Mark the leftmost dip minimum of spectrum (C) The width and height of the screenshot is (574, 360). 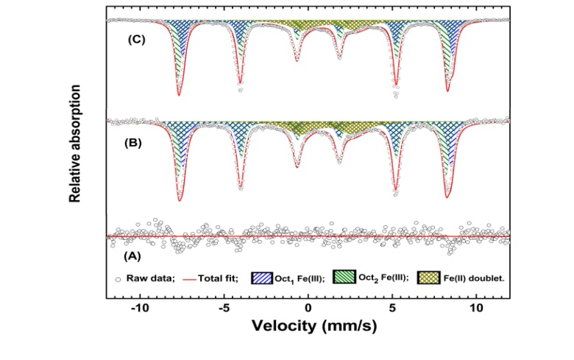178,94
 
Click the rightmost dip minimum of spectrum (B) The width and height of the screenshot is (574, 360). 447,197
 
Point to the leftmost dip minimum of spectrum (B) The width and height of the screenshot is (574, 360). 179,200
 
